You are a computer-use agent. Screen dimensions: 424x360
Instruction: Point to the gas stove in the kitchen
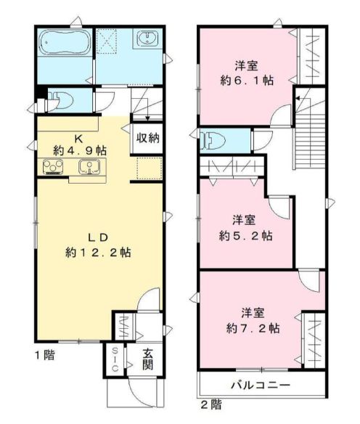[53, 168]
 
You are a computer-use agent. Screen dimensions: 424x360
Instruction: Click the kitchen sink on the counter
[88, 168]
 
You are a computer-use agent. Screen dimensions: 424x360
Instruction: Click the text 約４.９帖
[80, 150]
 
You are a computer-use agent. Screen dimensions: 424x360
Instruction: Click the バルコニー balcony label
[261, 384]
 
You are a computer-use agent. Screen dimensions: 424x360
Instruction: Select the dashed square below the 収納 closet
[146, 169]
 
